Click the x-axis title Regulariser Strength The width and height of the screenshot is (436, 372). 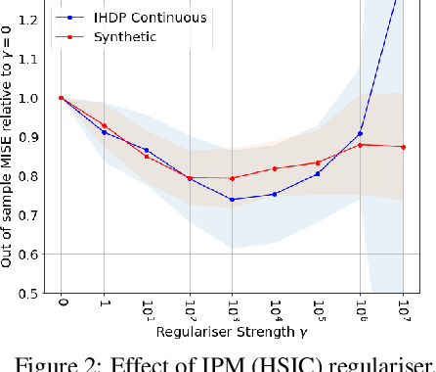(230, 336)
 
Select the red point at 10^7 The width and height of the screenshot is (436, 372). (403, 147)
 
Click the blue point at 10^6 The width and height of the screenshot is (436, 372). (360, 134)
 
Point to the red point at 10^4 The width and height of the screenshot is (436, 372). (275, 168)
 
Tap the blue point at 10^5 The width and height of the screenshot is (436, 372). (318, 174)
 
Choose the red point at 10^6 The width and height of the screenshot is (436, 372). (360, 145)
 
